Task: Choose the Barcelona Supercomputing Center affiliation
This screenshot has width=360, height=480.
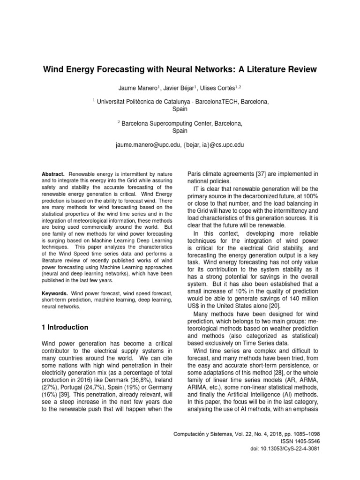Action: tap(182, 124)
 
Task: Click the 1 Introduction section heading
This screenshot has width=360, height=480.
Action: tap(65, 327)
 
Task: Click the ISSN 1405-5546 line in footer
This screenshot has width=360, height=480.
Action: tap(297, 442)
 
